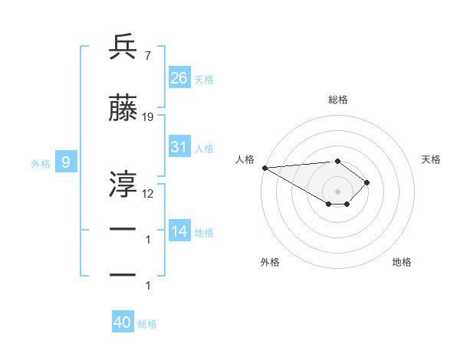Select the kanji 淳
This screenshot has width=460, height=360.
(x=123, y=183)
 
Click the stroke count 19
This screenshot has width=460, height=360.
(x=148, y=117)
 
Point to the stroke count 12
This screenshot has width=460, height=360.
(x=148, y=193)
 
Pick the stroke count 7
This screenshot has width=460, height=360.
(x=147, y=55)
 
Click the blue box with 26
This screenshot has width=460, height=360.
(x=179, y=78)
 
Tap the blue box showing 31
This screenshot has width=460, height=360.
(x=179, y=148)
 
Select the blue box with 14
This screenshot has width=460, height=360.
(x=179, y=231)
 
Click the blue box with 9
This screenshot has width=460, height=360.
(x=66, y=162)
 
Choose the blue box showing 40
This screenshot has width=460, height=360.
(x=123, y=322)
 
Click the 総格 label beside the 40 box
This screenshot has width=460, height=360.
(x=147, y=324)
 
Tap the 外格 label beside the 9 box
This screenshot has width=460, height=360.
(x=41, y=163)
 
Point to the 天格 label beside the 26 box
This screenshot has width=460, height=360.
(x=204, y=79)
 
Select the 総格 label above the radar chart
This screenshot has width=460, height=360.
(x=337, y=100)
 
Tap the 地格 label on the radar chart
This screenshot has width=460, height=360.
(x=402, y=262)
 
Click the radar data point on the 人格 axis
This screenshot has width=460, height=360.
(x=264, y=167)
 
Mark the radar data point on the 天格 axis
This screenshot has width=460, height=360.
(x=367, y=182)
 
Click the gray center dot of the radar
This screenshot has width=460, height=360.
(x=337, y=191)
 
